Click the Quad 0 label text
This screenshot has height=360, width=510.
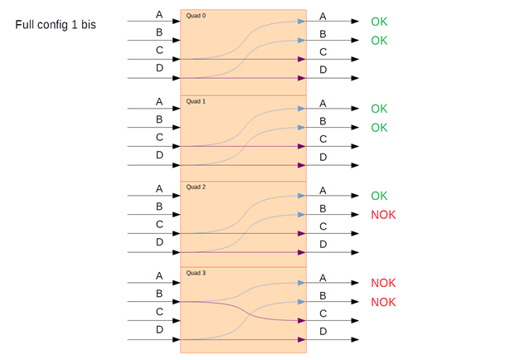[196, 16]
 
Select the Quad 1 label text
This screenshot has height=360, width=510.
[196, 101]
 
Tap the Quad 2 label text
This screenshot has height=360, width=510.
[196, 187]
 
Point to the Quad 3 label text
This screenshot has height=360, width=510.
[196, 273]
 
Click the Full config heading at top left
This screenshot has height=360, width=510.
[56, 25]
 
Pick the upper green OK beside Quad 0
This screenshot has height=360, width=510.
[379, 22]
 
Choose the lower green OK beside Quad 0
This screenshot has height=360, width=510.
[379, 41]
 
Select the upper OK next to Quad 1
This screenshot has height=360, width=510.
[379, 109]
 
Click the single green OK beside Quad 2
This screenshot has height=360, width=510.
[379, 196]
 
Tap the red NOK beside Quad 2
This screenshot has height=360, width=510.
[383, 215]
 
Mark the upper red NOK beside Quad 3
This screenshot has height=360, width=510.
[383, 283]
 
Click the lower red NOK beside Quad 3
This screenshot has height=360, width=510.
[383, 302]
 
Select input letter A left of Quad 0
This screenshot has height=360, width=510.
[159, 15]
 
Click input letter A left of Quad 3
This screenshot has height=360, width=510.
[159, 275]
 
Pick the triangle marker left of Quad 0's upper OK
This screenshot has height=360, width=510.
[355, 22]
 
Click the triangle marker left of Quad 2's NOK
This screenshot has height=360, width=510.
[355, 215]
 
